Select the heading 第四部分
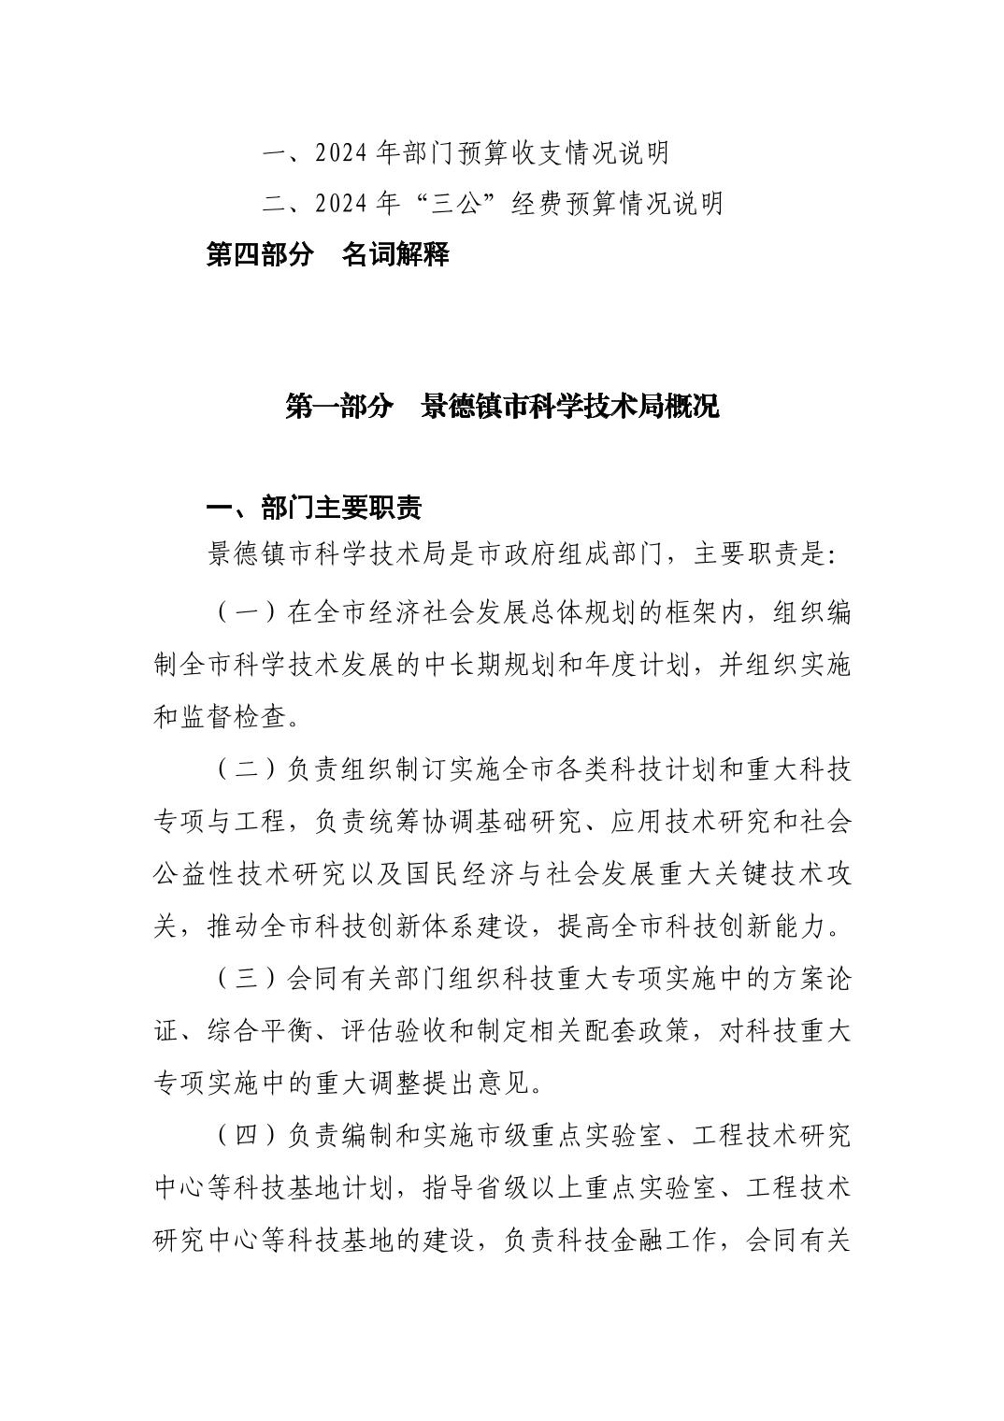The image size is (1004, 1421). tap(259, 254)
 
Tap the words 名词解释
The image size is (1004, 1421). tap(395, 254)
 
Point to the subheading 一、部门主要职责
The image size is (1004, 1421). tap(313, 508)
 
